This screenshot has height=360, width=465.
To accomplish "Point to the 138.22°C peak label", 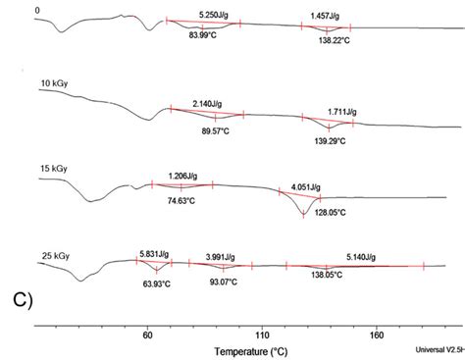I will pyautogui.click(x=339, y=45).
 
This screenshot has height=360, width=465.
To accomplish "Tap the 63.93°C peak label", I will pyautogui.click(x=156, y=284).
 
